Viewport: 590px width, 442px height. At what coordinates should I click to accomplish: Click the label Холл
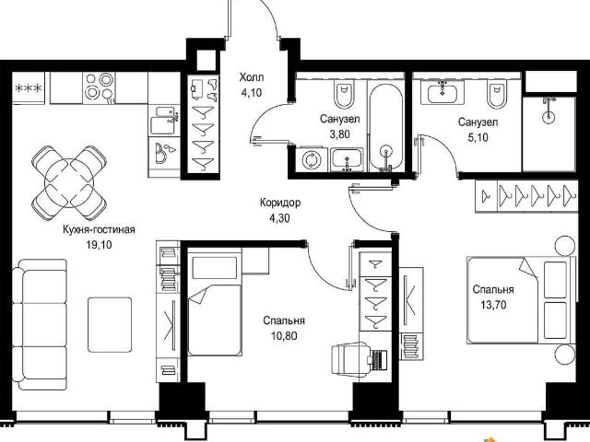click(252, 77)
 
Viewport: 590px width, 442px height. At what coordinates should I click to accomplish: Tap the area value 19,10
click(99, 245)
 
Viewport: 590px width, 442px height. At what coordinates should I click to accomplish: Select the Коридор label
click(280, 203)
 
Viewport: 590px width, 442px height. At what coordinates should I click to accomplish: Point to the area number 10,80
click(284, 335)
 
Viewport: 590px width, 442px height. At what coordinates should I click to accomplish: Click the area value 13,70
click(493, 305)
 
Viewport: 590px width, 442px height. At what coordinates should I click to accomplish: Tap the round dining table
click(69, 183)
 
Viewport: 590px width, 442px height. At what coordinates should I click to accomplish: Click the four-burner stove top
click(99, 88)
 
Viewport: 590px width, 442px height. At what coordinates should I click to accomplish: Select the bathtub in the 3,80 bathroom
click(385, 128)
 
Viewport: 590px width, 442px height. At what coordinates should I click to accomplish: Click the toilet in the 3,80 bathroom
click(344, 95)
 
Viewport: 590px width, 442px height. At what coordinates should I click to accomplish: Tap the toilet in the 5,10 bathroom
click(497, 95)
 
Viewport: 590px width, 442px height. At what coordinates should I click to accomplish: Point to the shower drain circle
click(549, 117)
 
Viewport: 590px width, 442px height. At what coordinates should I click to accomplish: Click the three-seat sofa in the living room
click(40, 324)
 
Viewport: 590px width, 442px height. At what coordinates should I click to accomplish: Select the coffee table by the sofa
click(110, 325)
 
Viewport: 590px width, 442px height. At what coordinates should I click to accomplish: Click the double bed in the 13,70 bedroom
click(521, 300)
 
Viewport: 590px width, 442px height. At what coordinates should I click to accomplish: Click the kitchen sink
click(164, 121)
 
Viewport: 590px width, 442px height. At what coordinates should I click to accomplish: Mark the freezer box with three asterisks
click(29, 88)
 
